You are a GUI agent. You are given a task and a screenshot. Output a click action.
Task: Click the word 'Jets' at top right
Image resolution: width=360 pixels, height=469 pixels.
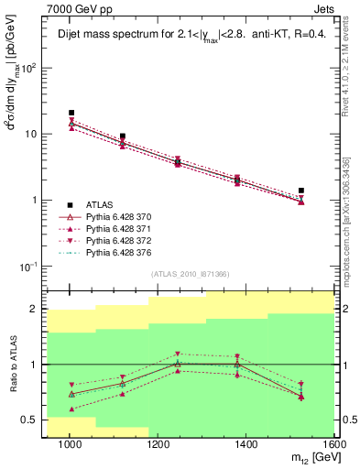322,8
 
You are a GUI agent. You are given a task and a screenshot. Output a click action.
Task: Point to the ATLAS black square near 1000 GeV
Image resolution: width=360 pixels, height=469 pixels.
71,113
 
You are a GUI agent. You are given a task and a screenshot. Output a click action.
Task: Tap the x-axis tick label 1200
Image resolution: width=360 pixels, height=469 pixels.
158,444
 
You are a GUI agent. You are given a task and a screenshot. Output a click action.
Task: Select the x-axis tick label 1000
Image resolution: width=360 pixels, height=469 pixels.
71,444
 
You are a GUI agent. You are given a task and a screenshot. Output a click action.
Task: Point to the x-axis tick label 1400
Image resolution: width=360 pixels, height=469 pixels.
247,444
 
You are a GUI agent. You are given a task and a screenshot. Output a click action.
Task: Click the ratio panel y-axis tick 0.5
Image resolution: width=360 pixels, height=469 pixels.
29,420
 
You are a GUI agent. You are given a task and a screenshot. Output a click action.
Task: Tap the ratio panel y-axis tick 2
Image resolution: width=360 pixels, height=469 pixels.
34,309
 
